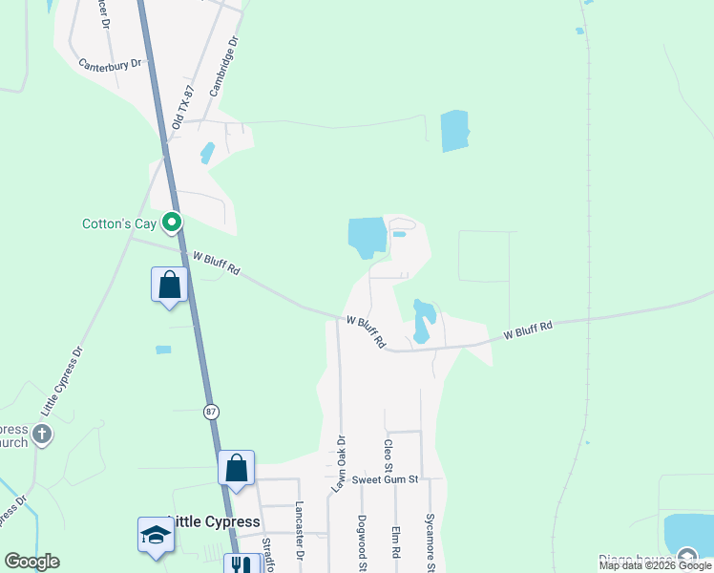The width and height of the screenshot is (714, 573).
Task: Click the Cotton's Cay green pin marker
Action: pos(172,223)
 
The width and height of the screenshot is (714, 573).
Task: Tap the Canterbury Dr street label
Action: pos(110,64)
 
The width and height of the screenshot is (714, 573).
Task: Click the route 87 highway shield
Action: pos(210,412)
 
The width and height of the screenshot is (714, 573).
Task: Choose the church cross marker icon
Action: pos(41,435)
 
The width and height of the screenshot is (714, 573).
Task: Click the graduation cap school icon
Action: pos(155,538)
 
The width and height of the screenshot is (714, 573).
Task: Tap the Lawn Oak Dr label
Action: pos(339,464)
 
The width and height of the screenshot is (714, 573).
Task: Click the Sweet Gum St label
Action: pos(385,480)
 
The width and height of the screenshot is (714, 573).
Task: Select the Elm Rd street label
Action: pos(394,542)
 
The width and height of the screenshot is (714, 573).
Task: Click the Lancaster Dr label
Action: pos(299,530)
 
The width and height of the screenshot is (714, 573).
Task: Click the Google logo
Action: pos(31,562)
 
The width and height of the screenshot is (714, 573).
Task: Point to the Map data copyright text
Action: pos(655,565)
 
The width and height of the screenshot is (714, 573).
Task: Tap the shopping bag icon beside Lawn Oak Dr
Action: pos(237,469)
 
